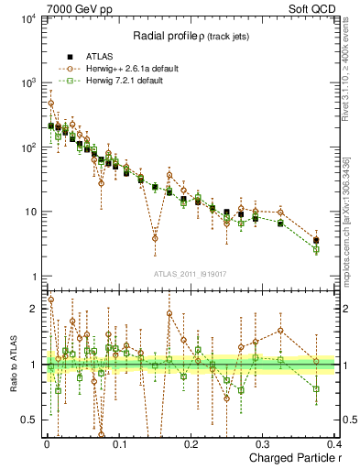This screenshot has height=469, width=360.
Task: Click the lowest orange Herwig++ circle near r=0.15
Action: (155, 238)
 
